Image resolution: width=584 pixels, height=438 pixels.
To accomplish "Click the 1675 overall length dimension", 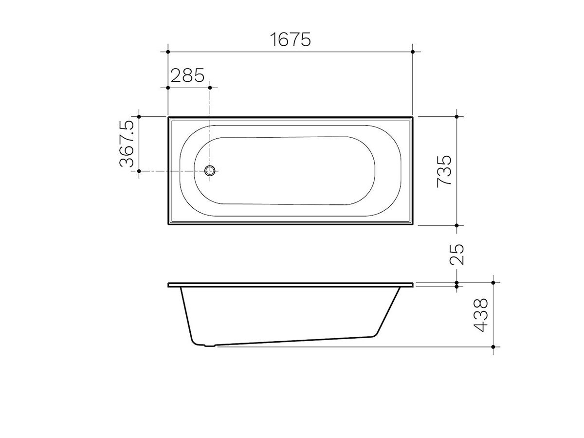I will pos(290,39).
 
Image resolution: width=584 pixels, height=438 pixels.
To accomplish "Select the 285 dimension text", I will pos(187,75).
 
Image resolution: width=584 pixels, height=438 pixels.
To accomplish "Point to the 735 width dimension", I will pos(444,171).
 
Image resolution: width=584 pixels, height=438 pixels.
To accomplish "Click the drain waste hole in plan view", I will pos(210,171).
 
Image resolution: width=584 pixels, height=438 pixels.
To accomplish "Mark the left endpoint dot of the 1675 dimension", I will pos(168,51).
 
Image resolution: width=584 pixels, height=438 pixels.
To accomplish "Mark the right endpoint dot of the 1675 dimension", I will pos(413,51).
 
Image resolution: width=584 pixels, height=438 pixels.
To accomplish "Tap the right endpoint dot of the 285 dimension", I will pos(210,88).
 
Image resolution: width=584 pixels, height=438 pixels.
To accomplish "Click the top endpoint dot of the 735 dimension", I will pos(456,117).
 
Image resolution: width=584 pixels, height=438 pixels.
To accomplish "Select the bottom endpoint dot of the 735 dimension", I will pos(456,225).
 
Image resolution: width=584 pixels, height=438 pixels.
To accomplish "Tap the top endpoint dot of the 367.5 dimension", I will pos(139,117).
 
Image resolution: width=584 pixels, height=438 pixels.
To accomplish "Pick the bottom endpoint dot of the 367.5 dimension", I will pos(139,171).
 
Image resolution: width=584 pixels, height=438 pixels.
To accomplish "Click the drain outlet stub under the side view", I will pos(210,346).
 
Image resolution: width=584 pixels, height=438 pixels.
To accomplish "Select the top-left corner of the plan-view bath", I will pos(168,117).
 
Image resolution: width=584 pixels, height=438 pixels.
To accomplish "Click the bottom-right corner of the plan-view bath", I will pos(413,225).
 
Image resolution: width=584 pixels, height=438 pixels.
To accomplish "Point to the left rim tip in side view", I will pos(169,285).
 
